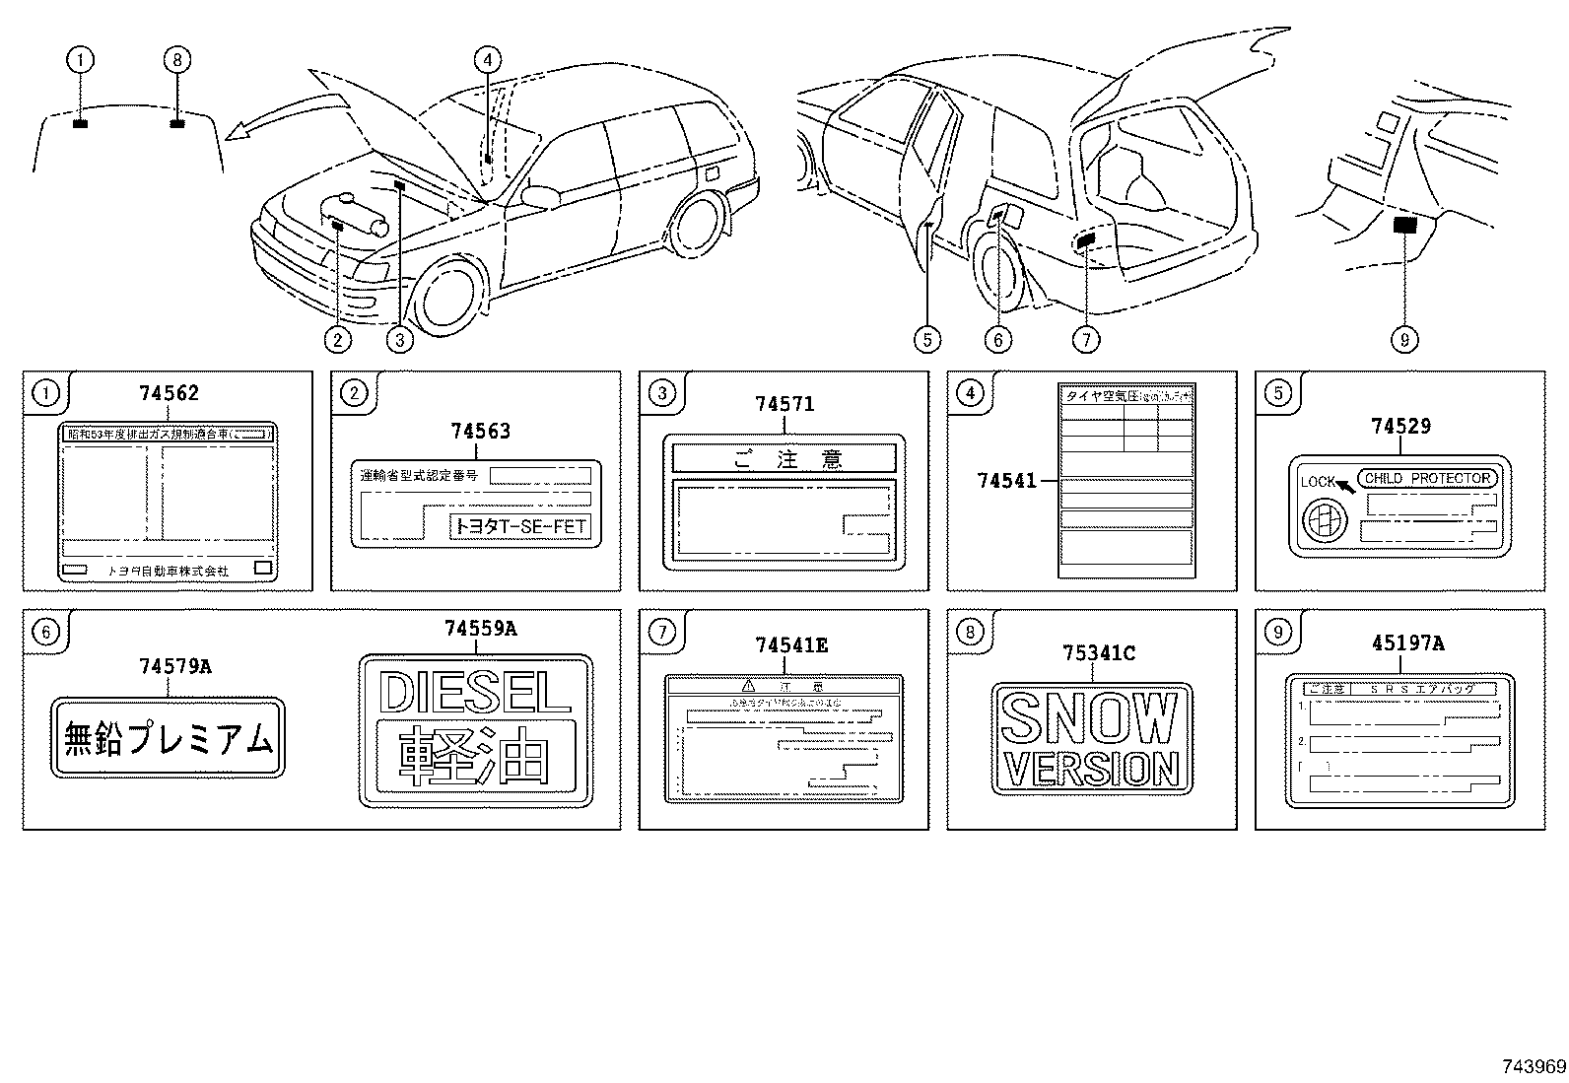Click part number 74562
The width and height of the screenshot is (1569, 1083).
tap(169, 393)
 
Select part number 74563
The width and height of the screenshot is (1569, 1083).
tap(481, 432)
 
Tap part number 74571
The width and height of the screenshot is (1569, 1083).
tap(784, 404)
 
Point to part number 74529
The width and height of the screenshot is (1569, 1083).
tap(1400, 427)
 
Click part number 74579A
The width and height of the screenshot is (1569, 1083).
tap(174, 667)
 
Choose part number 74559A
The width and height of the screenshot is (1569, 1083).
tap(480, 629)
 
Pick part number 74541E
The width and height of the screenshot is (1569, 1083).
tap(790, 645)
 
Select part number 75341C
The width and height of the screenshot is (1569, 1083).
tap(1099, 653)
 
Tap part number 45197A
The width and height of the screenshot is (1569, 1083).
tap(1407, 643)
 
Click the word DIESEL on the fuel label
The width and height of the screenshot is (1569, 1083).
tap(475, 693)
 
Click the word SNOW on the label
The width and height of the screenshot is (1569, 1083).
tap(1091, 718)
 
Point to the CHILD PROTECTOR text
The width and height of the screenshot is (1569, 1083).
tap(1427, 478)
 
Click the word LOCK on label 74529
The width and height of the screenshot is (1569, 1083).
tap(1317, 482)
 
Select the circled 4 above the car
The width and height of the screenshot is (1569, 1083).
tap(487, 61)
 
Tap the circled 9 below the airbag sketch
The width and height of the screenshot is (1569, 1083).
tap(1403, 340)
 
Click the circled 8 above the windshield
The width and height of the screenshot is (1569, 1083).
tap(176, 61)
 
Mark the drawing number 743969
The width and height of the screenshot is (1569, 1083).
tap(1534, 1067)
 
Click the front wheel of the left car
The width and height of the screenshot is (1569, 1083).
tap(451, 295)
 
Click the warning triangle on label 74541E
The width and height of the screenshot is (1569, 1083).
tap(748, 683)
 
